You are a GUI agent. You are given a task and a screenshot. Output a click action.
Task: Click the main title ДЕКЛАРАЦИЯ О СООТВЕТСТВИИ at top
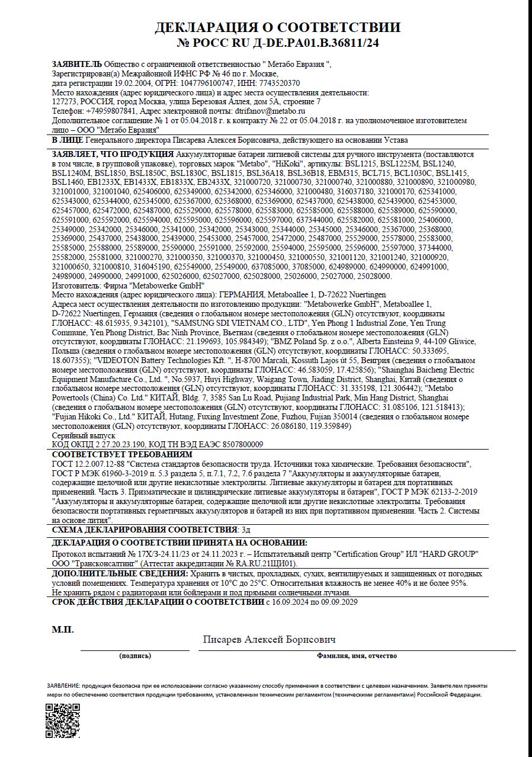[277, 27]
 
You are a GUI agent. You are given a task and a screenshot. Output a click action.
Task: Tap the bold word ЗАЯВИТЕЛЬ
[76, 64]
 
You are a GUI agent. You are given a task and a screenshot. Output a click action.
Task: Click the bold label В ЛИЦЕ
[68, 140]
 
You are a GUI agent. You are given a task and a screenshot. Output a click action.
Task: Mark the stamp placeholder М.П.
[63, 629]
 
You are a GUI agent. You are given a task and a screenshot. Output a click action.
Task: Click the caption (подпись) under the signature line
[135, 656]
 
